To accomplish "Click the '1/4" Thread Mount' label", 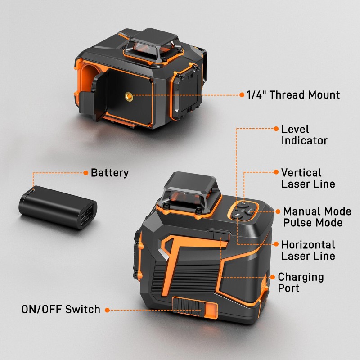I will pyautogui.click(x=293, y=95).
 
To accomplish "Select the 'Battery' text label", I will pyautogui.click(x=110, y=173).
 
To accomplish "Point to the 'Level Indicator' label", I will pyautogui.click(x=305, y=135).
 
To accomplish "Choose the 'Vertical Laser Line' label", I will pyautogui.click(x=308, y=178).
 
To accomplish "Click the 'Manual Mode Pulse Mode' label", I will pyautogui.click(x=317, y=217).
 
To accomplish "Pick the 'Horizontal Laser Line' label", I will pyautogui.click(x=308, y=250).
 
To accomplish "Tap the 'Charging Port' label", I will pyautogui.click(x=301, y=282).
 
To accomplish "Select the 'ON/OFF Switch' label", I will pyautogui.click(x=61, y=310).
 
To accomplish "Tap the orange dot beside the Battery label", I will pyautogui.click(x=85, y=173).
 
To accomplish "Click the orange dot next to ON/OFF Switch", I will pyautogui.click(x=107, y=310).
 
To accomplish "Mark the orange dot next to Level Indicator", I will pyautogui.click(x=276, y=129).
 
